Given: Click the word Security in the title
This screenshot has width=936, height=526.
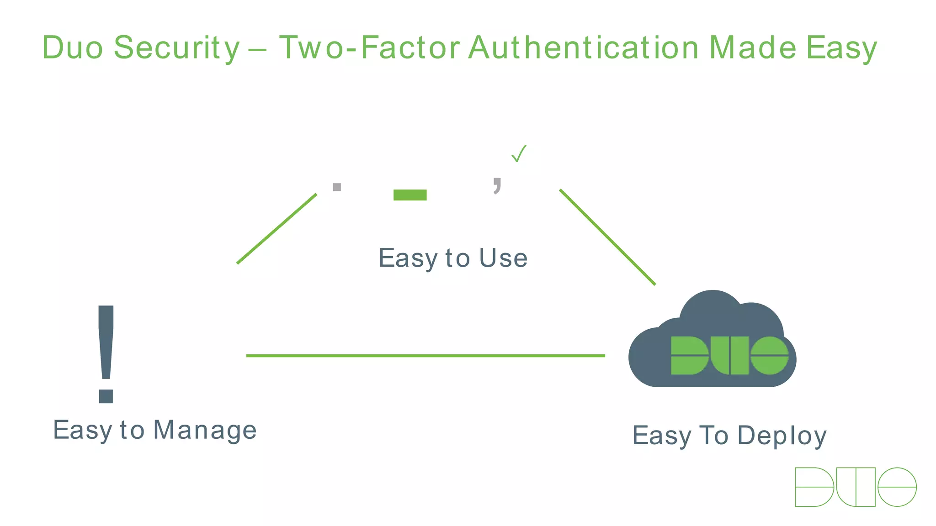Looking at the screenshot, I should [x=176, y=48].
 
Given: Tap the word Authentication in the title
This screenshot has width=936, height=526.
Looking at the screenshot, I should [x=584, y=48].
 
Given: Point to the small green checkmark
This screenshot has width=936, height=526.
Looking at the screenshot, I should [x=519, y=153].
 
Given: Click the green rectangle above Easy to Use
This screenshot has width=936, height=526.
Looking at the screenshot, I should [x=410, y=195].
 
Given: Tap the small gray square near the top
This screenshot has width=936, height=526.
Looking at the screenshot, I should [x=337, y=187].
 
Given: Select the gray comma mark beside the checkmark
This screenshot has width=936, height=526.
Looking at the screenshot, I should [x=497, y=185].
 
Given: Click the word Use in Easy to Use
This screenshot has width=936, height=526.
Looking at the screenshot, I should [x=503, y=258].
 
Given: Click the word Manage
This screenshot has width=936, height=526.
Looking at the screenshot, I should [x=205, y=430].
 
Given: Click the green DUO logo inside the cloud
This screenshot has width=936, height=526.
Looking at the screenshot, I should [x=729, y=356].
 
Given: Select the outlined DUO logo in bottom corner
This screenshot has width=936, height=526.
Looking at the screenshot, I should [x=855, y=487].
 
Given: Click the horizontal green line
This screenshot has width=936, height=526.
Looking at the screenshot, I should [x=425, y=355].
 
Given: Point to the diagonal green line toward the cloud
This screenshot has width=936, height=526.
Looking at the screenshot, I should [x=607, y=237].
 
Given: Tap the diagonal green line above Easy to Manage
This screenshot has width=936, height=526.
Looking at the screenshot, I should [x=277, y=229].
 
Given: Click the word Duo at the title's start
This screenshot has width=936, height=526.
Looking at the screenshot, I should [x=73, y=48].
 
